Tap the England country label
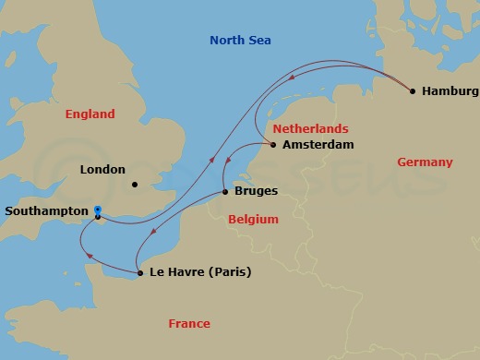[90, 114]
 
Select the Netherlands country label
[310, 128]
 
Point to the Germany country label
[425, 162]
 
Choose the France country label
[188, 323]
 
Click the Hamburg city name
[450, 91]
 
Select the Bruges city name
[257, 192]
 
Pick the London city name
[102, 169]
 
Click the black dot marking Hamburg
[412, 90]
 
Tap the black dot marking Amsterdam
[273, 144]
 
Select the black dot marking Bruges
[225, 192]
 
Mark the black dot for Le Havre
[139, 272]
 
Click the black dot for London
[135, 184]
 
